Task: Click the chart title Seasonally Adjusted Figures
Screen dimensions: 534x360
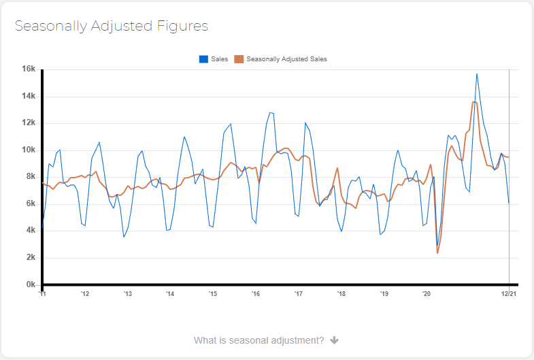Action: [x=112, y=27]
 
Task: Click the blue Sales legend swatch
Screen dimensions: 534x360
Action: [x=203, y=59]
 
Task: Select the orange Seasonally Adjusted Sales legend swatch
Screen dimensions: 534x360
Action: [x=239, y=59]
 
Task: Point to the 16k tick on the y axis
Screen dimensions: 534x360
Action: [x=29, y=69]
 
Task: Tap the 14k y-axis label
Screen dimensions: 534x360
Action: [x=29, y=96]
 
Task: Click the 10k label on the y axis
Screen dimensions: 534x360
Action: [x=29, y=150]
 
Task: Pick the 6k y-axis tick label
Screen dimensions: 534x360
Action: [x=31, y=203]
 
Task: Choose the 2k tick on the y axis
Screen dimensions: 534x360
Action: [x=31, y=257]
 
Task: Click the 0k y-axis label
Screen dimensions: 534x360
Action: [x=31, y=284]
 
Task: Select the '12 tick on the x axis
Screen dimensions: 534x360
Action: [x=85, y=294]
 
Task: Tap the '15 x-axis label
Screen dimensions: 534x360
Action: [x=213, y=294]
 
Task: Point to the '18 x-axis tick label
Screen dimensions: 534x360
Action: [x=341, y=294]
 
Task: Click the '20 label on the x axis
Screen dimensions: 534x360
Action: [x=427, y=294]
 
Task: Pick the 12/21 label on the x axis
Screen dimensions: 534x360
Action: [x=509, y=294]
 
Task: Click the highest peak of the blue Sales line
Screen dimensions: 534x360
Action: [x=477, y=74]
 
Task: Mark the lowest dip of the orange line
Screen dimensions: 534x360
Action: [x=437, y=253]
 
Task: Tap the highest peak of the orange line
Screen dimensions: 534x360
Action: [x=473, y=102]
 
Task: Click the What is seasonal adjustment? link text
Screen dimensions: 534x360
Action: [x=258, y=340]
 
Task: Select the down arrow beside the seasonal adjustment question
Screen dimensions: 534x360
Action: [x=335, y=340]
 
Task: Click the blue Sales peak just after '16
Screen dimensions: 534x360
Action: [x=271, y=113]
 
